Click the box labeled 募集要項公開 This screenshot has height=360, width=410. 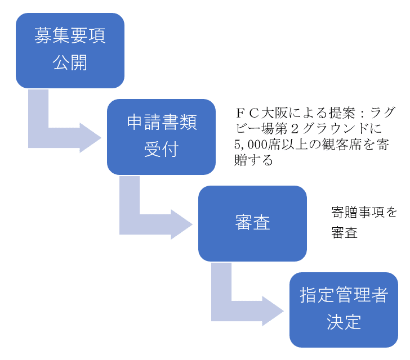point(70,50)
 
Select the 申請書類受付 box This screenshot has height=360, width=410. point(161,137)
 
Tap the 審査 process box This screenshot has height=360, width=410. point(252,223)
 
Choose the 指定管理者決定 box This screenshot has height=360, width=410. point(344,310)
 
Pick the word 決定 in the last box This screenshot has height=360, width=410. point(344,322)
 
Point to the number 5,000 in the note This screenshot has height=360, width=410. point(252,144)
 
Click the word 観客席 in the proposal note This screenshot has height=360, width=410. point(343,144)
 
